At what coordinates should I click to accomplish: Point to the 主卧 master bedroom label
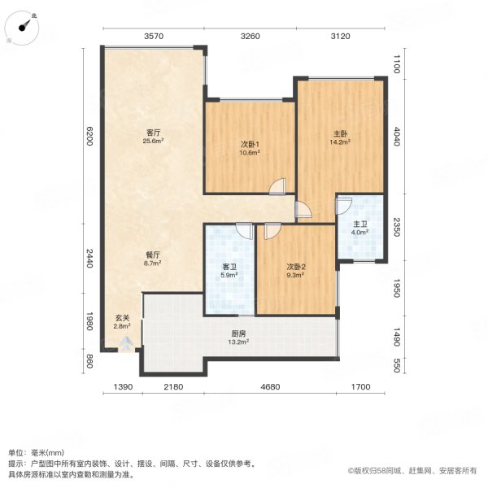[x=340, y=133]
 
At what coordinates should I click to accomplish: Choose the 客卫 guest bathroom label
[x=229, y=267]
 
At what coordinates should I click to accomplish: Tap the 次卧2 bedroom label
[x=295, y=267]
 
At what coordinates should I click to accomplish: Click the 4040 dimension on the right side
[x=398, y=136]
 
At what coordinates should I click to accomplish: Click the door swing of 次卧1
[x=278, y=186]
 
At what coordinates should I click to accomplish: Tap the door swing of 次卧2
[x=271, y=231]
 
